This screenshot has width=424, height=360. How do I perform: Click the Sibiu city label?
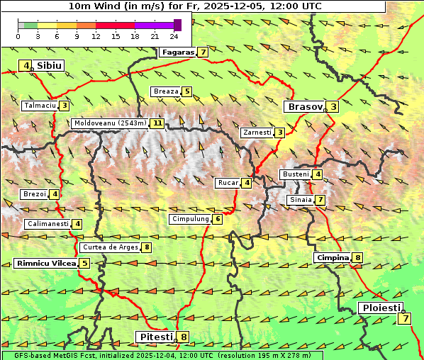point(50,66)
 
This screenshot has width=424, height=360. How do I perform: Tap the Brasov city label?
point(303,107)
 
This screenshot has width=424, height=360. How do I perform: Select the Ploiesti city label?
point(381,308)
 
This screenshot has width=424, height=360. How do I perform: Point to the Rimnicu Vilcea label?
point(45,264)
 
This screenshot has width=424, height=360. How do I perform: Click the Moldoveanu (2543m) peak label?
point(110,123)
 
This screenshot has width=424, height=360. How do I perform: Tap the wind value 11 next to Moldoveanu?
point(157,123)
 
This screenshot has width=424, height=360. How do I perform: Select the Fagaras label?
point(177,52)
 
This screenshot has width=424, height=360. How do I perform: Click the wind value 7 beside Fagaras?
point(203,52)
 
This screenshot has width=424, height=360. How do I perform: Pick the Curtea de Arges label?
point(109,247)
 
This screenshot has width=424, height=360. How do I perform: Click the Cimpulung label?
point(189,220)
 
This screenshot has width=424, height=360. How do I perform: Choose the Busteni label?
point(295,174)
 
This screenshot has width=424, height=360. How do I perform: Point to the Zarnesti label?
point(257,133)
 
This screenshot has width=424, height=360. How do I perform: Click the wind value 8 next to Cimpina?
point(358,258)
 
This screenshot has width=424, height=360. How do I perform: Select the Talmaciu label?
point(40,106)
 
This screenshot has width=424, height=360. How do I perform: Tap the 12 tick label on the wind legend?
point(96,36)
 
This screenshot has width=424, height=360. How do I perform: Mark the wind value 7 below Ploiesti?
point(404,318)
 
